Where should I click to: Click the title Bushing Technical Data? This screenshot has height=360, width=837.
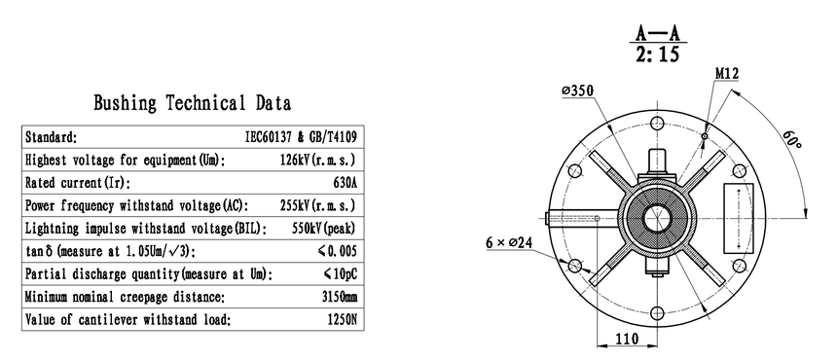click(x=192, y=102)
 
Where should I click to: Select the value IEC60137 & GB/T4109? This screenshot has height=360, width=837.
click(x=301, y=137)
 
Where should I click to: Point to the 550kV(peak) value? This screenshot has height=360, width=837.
click(x=324, y=229)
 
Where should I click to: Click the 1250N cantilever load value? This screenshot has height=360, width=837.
click(x=343, y=319)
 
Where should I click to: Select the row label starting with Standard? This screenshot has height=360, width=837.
click(x=52, y=137)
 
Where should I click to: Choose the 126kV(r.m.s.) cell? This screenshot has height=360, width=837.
click(x=317, y=160)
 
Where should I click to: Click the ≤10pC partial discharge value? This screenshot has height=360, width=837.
click(x=340, y=274)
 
